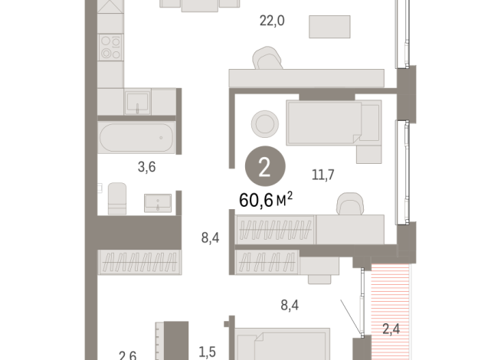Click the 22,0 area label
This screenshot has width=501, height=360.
[271, 21]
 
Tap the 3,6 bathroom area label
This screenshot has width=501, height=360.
[126, 163]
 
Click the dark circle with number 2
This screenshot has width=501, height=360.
[264, 169]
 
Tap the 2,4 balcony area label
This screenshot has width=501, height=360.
[391, 330]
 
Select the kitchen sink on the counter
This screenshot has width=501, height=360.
[139, 101]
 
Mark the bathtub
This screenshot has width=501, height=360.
[137, 139]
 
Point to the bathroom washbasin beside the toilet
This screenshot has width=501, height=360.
[160, 202]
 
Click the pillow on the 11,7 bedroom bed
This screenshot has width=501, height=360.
[371, 123]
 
